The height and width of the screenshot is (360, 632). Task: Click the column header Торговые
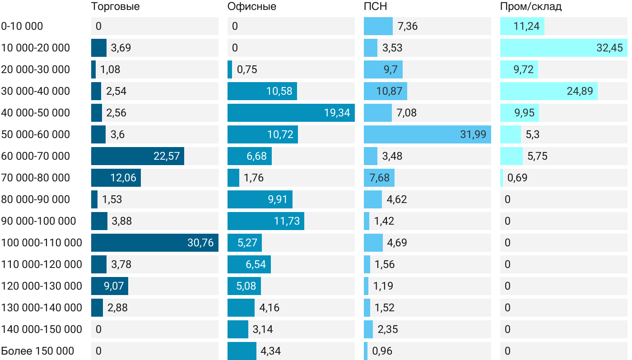pos(115,6)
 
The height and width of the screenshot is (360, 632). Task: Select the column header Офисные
pos(252,6)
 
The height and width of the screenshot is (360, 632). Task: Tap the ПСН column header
pos(376,6)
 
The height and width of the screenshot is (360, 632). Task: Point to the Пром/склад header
pos(530,6)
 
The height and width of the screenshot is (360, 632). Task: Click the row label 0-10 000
pos(22,26)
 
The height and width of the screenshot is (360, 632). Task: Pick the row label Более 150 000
pos(37,351)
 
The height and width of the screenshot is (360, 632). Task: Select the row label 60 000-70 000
pos(36,156)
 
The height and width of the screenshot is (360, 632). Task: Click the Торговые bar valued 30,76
pos(155,243)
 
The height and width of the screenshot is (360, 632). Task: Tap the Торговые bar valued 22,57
pos(138,156)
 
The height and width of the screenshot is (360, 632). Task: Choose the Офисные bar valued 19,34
pos(291,113)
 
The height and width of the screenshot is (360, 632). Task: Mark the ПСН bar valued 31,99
pos(428,134)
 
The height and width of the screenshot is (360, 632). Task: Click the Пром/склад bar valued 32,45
pos(564,48)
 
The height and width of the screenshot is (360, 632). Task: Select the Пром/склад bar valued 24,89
pos(549,91)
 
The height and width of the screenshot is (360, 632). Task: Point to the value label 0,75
pos(246,69)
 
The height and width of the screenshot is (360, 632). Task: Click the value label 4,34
pos(270,351)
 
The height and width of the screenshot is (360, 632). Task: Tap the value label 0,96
pos(381,351)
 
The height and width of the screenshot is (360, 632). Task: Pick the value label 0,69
pos(517,178)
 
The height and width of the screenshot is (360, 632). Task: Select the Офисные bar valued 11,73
pos(266,221)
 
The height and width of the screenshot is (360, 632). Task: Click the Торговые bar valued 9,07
pos(110,286)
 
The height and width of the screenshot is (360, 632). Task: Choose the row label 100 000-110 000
pos(42,243)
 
